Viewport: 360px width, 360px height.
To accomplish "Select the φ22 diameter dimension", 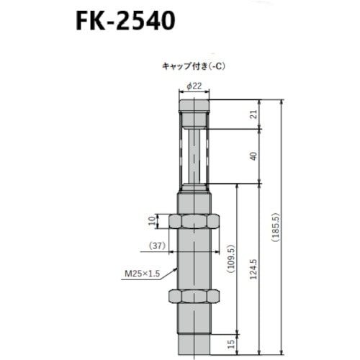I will point(194,86).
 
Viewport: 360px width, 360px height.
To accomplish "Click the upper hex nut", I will point(194,221).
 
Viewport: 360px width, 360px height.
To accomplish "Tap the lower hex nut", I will point(194,296).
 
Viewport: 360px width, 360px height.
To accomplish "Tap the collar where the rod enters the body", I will point(194,189).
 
